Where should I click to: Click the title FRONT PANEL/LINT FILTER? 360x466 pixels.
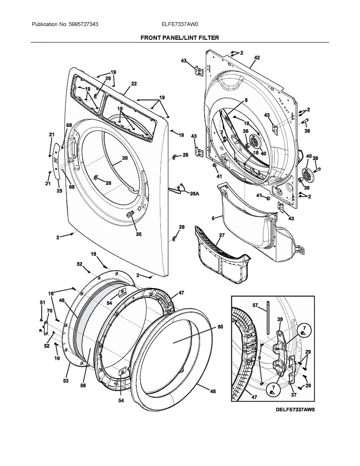tap(179, 38)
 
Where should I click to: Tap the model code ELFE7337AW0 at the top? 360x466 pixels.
tap(180, 24)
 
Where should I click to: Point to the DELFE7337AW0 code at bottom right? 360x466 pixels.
tap(295, 409)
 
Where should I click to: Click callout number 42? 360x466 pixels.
tap(257, 57)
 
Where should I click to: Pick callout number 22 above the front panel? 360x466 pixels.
tap(134, 83)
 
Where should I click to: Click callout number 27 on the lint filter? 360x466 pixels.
tap(222, 235)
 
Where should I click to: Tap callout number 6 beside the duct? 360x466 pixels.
tap(213, 219)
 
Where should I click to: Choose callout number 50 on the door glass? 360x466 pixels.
tap(220, 327)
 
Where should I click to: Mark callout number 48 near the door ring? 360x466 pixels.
tap(213, 391)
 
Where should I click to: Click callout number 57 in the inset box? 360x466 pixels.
tap(255, 306)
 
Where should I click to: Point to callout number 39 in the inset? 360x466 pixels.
tap(280, 319)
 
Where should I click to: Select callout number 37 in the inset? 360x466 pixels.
tap(294, 395)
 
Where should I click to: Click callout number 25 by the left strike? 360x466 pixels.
tap(59, 191)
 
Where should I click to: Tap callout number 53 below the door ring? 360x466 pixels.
tap(66, 381)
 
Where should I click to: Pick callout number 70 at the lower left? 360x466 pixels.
tap(49, 311)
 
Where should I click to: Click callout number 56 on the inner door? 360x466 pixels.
tap(83, 385)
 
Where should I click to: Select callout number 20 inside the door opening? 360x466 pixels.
tap(125, 158)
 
